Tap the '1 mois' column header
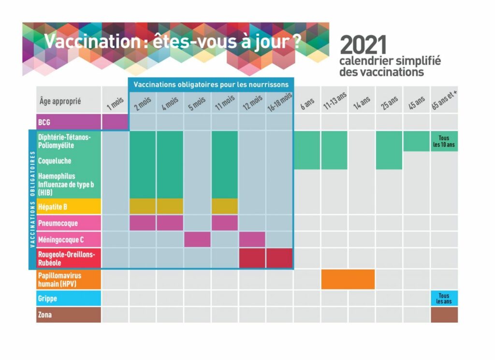[115, 103]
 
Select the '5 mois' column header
[197, 103]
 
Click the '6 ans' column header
[307, 103]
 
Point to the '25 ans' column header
[389, 102]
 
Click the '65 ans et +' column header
[444, 101]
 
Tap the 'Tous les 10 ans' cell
[444, 141]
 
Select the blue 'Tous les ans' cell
[444, 298]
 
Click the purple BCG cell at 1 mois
[115, 122]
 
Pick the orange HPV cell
[348, 279]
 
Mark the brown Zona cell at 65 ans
[444, 315]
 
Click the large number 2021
[364, 45]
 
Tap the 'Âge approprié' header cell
[68, 101]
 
